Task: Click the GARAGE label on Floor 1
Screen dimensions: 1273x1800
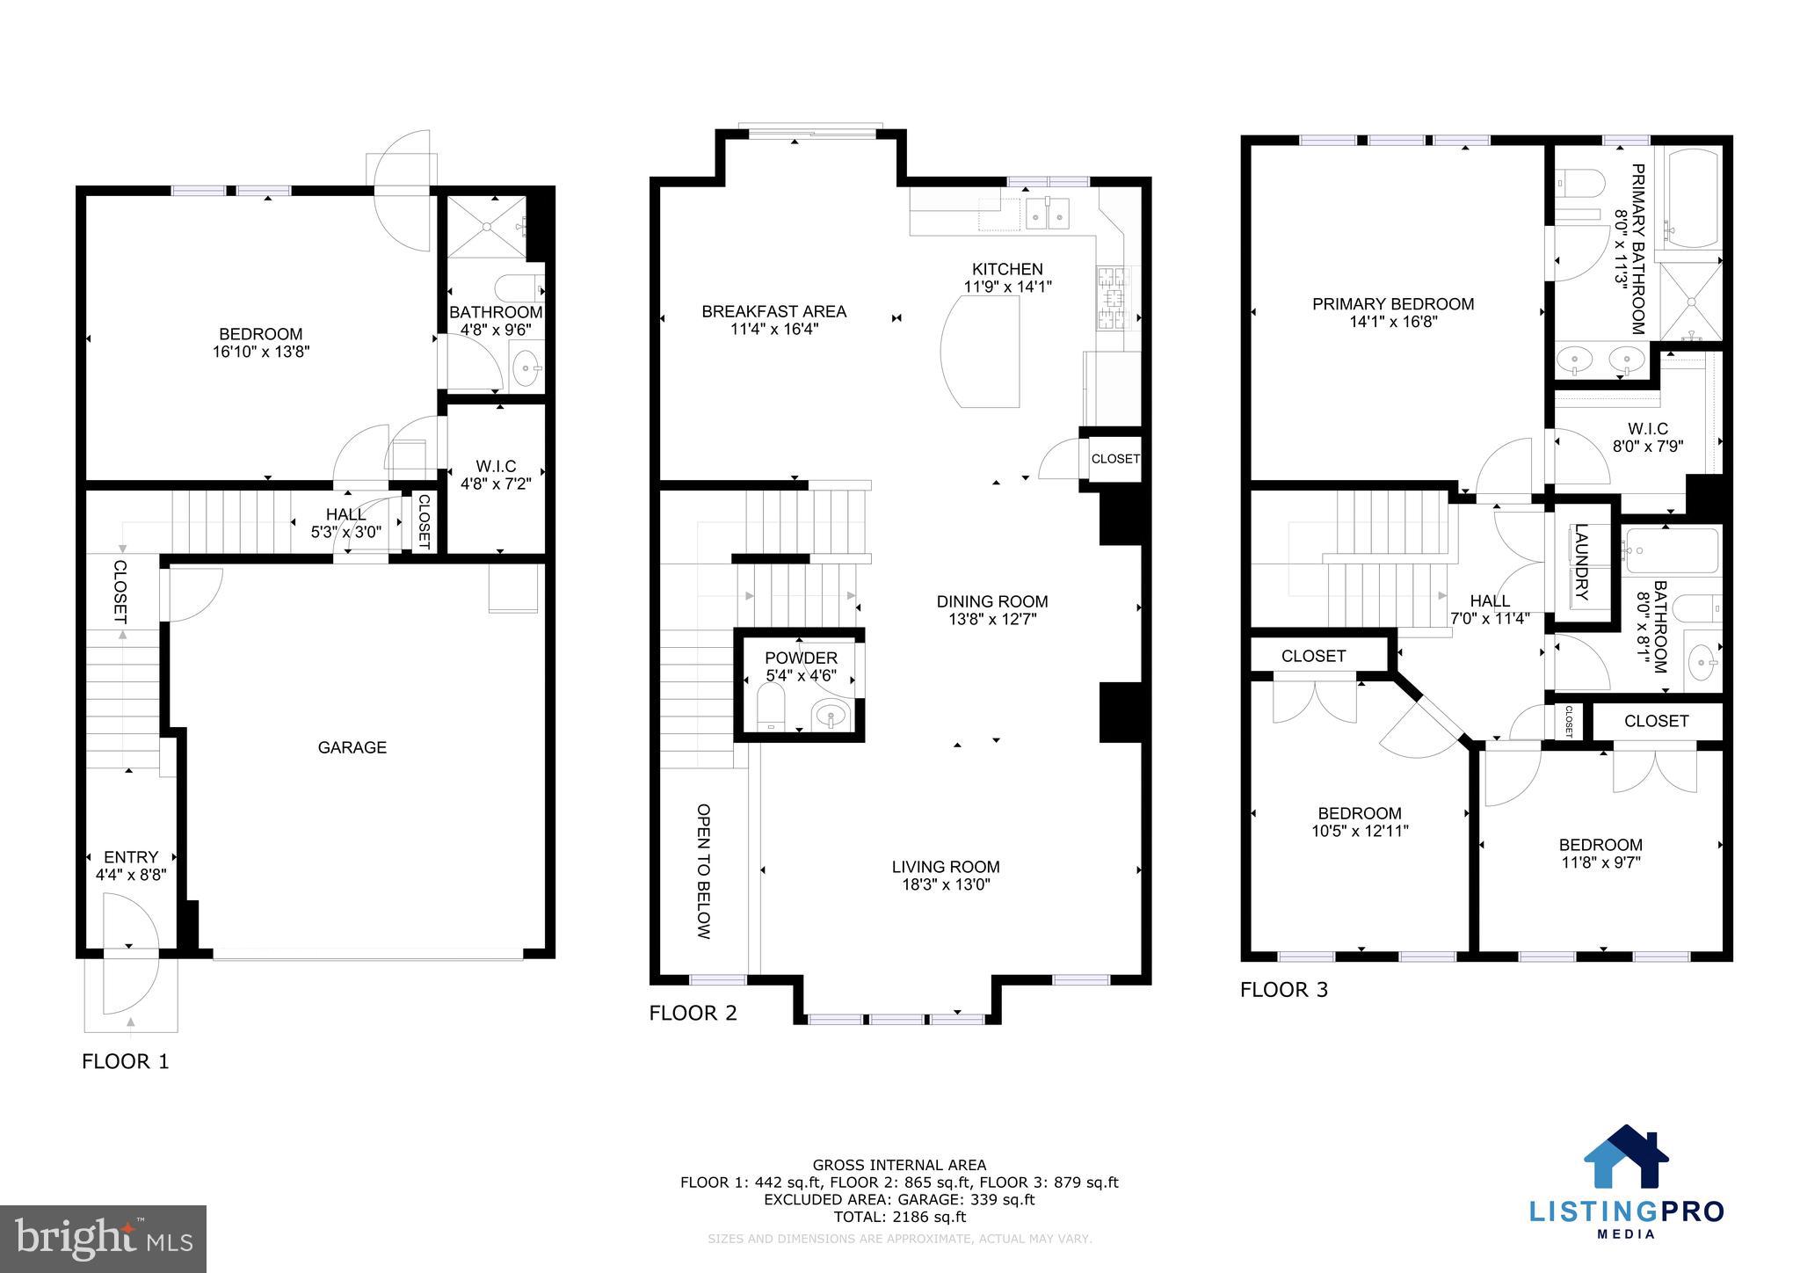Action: click(x=352, y=747)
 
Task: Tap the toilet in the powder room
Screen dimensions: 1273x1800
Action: click(x=770, y=708)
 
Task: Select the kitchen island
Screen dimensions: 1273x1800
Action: click(x=983, y=351)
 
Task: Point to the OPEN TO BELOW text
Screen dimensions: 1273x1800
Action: click(x=703, y=870)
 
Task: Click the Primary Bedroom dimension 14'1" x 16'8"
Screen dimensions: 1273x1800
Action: click(x=1393, y=322)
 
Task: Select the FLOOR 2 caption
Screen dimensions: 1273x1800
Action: click(x=693, y=1013)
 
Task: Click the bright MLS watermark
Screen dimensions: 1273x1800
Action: click(x=104, y=1239)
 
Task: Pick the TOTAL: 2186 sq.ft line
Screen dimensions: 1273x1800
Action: click(x=899, y=1217)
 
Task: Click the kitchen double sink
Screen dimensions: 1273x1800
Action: click(x=1047, y=213)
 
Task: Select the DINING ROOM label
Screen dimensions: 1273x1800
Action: click(x=991, y=601)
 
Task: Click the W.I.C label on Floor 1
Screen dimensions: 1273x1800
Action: click(x=496, y=466)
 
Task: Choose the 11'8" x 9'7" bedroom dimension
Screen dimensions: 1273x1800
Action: click(x=1601, y=862)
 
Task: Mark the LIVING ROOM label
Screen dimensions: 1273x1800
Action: click(x=946, y=867)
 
